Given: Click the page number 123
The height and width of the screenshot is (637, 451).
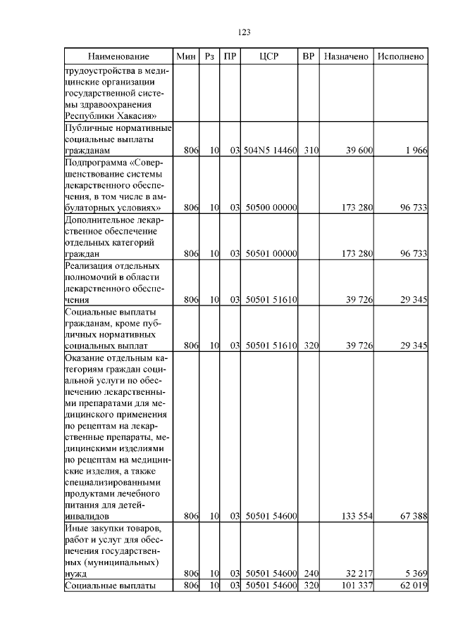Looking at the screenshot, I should point(245,32).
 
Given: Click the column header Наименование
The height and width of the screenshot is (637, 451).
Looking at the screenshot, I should point(118,56).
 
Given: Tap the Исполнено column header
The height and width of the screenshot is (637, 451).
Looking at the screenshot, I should point(400,56).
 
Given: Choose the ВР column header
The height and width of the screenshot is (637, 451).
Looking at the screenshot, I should point(308,56).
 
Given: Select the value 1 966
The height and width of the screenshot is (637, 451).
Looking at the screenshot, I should point(416,151).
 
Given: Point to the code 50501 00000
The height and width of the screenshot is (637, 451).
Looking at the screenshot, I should point(271,253).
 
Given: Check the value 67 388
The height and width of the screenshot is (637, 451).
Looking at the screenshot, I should point(414,516).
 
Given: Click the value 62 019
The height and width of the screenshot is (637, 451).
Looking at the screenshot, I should point(414,586).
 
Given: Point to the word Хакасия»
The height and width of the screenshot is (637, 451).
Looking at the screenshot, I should point(134,116).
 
